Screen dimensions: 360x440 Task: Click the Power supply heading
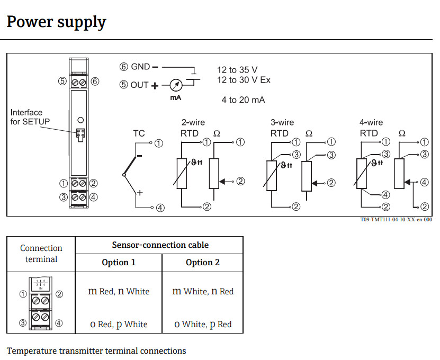click(56, 22)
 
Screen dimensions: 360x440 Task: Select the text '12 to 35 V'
click(237, 70)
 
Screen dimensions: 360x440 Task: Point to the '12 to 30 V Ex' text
click(244, 80)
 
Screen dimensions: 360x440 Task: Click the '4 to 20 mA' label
click(243, 100)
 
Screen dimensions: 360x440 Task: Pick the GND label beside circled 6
click(140, 67)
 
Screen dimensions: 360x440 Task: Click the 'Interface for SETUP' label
click(30, 117)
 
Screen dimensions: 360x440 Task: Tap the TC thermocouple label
click(138, 134)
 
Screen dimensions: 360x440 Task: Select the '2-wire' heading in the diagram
click(193, 122)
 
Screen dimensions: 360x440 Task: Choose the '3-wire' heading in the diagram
click(282, 122)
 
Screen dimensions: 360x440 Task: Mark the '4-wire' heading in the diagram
click(371, 122)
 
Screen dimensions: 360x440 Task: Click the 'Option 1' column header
click(119, 263)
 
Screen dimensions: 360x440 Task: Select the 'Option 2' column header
click(202, 263)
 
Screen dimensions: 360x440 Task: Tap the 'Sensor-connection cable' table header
click(160, 245)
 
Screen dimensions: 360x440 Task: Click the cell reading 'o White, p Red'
click(203, 324)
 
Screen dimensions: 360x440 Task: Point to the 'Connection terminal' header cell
click(41, 254)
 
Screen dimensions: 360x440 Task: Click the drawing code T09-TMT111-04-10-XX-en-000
click(396, 220)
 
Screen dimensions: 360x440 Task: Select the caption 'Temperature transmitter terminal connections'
click(96, 350)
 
